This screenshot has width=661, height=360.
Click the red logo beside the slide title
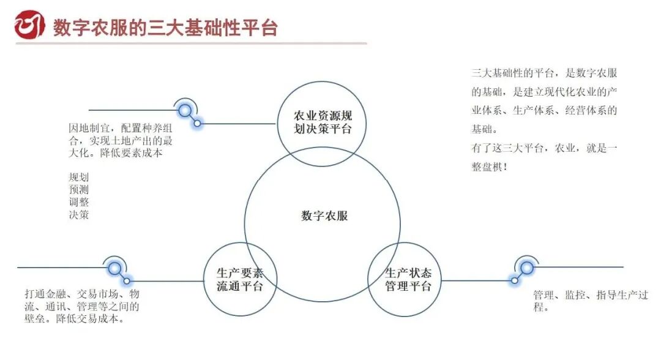coord(29,25)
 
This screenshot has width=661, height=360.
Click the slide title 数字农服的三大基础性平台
coord(165,28)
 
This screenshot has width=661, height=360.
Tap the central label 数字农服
coord(324,216)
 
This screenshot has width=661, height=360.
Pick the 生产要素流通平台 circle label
coord(239,280)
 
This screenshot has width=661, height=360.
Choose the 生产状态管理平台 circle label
coord(408,279)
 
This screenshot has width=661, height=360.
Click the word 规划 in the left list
coord(79,178)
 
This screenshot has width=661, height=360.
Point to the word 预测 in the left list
coord(79,190)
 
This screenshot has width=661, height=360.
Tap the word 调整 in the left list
coord(79,202)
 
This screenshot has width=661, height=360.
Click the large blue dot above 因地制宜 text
coord(185,110)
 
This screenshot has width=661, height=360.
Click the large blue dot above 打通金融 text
coord(114,268)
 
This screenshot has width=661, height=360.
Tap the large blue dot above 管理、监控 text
coord(526,267)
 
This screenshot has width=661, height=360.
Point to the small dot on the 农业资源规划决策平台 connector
coord(198,123)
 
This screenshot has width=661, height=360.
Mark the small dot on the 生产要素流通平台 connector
coord(127,281)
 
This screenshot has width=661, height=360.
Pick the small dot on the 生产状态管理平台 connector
coord(515,280)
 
